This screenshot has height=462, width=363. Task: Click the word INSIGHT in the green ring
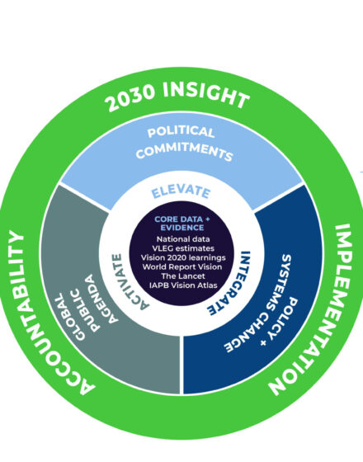click(206, 94)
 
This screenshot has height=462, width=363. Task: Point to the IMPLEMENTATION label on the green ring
click(317, 309)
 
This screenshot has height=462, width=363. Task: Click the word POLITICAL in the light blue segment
click(181, 132)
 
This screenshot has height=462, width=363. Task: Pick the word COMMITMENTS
click(185, 151)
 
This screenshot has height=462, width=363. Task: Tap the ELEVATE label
click(181, 191)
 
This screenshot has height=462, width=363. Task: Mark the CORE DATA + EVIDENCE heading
click(182, 224)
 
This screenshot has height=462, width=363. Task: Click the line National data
click(183, 239)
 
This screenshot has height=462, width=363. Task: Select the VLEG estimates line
click(183, 248)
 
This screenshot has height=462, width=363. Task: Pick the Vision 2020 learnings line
click(183, 257)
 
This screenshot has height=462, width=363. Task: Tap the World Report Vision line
click(182, 267)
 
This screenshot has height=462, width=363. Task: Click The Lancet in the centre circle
click(183, 276)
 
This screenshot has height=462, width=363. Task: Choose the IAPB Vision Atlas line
click(183, 285)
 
